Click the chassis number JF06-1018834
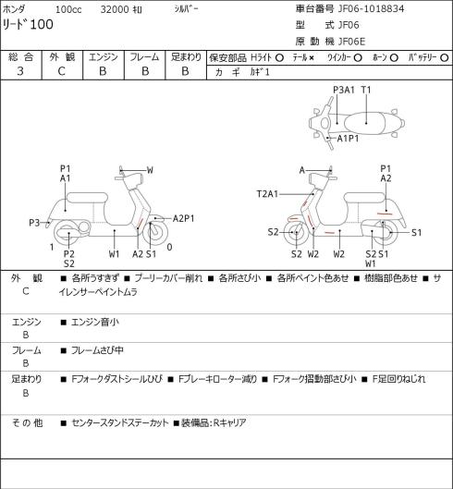371,8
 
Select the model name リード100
28,24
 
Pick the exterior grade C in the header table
61,71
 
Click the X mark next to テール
312,58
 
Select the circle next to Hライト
279,57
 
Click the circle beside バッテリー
445,57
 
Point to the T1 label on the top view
366,90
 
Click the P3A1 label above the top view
344,90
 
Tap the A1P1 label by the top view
348,138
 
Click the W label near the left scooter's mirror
150,170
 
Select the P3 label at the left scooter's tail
34,223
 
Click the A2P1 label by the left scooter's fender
183,218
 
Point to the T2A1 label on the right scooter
267,194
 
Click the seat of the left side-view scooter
87,198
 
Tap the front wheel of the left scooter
155,233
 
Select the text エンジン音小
95,322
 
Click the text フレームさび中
97,350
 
